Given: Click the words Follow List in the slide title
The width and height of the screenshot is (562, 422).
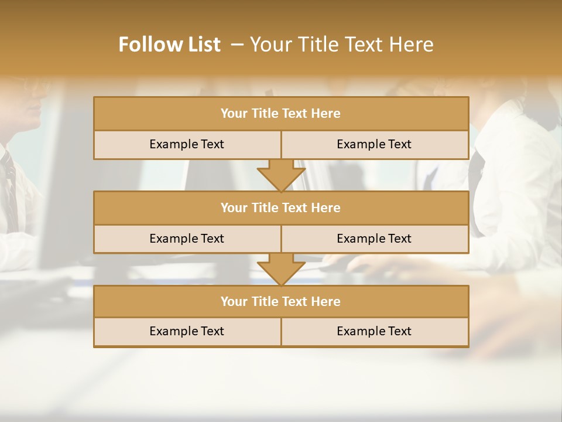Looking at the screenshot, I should click(x=169, y=45).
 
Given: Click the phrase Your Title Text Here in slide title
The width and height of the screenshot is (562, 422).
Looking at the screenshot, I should click(x=341, y=45).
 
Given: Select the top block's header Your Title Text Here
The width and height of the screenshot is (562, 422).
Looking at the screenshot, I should click(x=280, y=113).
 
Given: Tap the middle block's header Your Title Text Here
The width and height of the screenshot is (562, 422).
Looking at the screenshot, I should click(x=280, y=207).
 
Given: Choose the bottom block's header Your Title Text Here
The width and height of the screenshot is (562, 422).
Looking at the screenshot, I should click(x=280, y=301).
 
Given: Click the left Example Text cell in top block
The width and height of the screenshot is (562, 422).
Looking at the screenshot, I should click(x=187, y=144).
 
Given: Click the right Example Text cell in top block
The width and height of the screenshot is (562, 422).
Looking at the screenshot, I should click(x=374, y=144).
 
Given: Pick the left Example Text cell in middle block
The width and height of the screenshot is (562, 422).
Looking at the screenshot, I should click(x=187, y=239).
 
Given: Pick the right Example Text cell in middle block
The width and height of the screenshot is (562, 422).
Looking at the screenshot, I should click(x=374, y=239).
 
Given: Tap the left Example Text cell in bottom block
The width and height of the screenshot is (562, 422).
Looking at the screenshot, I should click(x=187, y=331).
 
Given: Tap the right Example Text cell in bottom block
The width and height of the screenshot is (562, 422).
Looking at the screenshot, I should click(x=374, y=331).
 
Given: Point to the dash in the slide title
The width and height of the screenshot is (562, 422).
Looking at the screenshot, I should click(x=237, y=45).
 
